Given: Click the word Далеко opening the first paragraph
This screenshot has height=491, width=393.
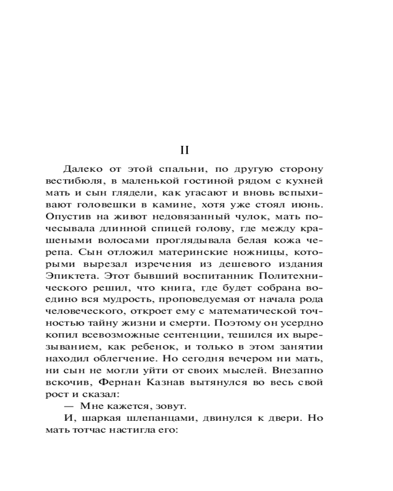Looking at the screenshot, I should (x=80, y=169).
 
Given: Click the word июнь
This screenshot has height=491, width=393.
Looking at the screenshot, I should (x=309, y=203).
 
